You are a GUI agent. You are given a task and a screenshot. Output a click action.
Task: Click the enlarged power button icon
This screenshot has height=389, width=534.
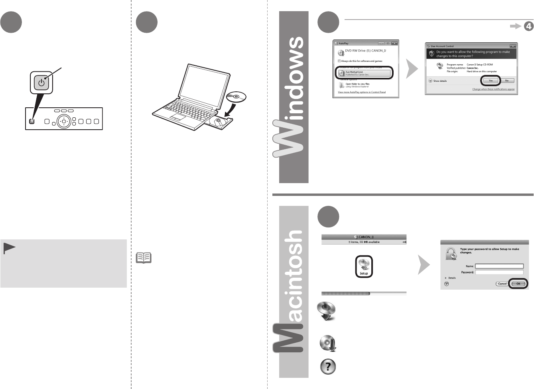point(41,83)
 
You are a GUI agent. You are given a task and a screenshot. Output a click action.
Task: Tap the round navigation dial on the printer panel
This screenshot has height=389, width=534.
point(63,121)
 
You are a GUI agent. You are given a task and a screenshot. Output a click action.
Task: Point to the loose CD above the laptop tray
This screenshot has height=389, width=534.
point(236,97)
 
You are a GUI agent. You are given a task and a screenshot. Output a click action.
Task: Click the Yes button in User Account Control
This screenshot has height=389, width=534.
point(491,81)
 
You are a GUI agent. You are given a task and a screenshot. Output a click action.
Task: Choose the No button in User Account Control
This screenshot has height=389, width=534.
point(507,81)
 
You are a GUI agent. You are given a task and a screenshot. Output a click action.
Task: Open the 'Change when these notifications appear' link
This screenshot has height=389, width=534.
point(493,89)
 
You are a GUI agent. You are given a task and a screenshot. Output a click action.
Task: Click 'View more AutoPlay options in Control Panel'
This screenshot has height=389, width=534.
point(362,92)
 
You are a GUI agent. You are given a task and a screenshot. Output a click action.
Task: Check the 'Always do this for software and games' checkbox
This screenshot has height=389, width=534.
point(339,61)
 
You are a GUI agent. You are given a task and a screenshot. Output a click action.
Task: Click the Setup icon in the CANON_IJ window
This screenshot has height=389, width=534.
point(364,267)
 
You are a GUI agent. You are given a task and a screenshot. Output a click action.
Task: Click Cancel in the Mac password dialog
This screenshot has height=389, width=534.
point(502,284)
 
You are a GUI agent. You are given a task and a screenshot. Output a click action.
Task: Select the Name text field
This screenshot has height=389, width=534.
point(499,266)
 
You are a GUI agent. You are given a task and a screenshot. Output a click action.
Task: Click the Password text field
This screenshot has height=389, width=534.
point(499,272)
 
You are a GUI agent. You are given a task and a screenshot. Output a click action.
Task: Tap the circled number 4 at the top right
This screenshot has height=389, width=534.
point(528,26)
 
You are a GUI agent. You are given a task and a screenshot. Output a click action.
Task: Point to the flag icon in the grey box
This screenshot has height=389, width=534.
point(9,249)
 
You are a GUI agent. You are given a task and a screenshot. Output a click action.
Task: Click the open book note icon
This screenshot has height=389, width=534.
point(144,258)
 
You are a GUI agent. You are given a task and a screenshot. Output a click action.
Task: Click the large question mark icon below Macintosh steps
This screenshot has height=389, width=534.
point(328,367)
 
